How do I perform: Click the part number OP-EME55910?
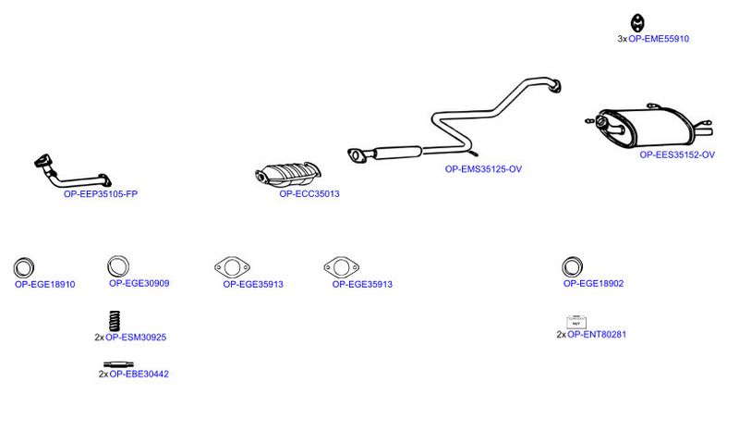pyautogui.click(x=659, y=39)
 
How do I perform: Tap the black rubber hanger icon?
pyautogui.click(x=637, y=22)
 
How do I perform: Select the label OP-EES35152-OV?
pyautogui.click(x=677, y=154)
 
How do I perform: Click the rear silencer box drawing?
pyautogui.click(x=649, y=127)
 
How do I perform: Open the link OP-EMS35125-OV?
pyautogui.click(x=483, y=169)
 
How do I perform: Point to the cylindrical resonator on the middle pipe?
pyautogui.click(x=398, y=152)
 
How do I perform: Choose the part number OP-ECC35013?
pyautogui.click(x=309, y=193)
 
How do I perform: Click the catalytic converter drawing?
pyautogui.click(x=288, y=174)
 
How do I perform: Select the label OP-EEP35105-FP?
pyautogui.click(x=101, y=193)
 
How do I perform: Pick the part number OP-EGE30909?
pyautogui.click(x=139, y=283)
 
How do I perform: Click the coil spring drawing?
pyautogui.click(x=115, y=321)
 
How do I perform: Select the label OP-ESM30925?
pyautogui.click(x=136, y=337)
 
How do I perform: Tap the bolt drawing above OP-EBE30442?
pyautogui.click(x=118, y=364)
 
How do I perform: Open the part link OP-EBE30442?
pyautogui.click(x=139, y=374)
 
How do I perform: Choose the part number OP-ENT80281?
pyautogui.click(x=597, y=334)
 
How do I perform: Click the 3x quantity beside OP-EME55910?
pyautogui.click(x=622, y=39)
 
